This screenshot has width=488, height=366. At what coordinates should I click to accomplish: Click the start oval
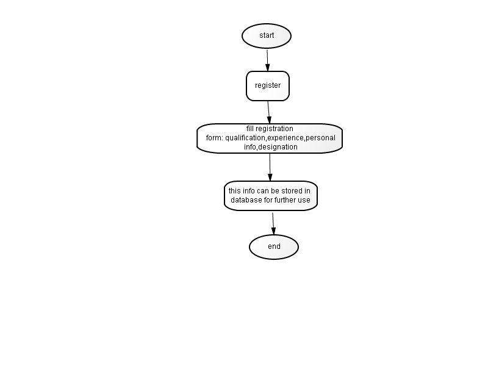click(267, 36)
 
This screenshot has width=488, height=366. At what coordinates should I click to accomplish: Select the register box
click(268, 86)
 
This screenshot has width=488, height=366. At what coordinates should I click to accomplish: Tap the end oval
click(274, 247)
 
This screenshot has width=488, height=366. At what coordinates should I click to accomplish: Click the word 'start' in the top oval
click(267, 35)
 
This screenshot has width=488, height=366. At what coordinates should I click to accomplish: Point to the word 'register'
click(268, 85)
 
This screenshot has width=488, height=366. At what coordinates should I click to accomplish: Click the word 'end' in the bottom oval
click(274, 246)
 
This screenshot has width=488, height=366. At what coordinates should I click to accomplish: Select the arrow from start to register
click(267, 60)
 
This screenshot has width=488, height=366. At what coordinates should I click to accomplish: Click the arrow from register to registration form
click(268, 112)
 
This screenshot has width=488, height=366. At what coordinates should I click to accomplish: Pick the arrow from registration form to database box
click(270, 167)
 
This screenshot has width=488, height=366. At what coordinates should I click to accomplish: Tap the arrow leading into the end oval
click(273, 224)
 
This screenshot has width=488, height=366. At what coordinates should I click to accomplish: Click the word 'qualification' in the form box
click(245, 138)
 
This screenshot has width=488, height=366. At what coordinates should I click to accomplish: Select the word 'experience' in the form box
click(285, 138)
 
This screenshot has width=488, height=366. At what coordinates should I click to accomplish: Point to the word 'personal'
click(321, 138)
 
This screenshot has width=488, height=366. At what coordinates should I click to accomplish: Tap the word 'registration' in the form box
click(274, 129)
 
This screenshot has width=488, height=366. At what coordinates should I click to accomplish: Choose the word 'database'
click(246, 200)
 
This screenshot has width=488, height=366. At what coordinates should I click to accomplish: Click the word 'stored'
click(292, 190)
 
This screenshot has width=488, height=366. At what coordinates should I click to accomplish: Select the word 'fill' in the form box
click(250, 129)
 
